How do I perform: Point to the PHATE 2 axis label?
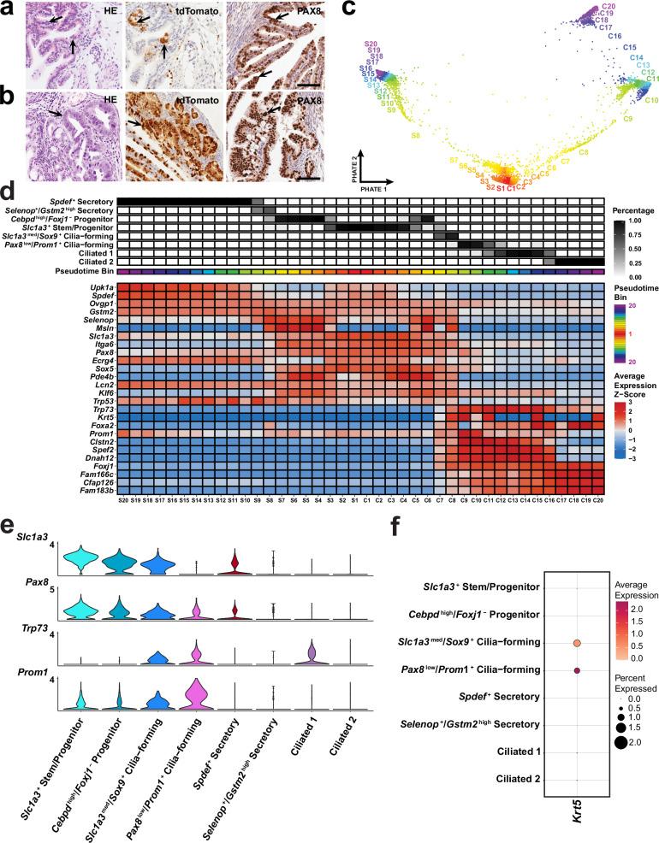point(361,162)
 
